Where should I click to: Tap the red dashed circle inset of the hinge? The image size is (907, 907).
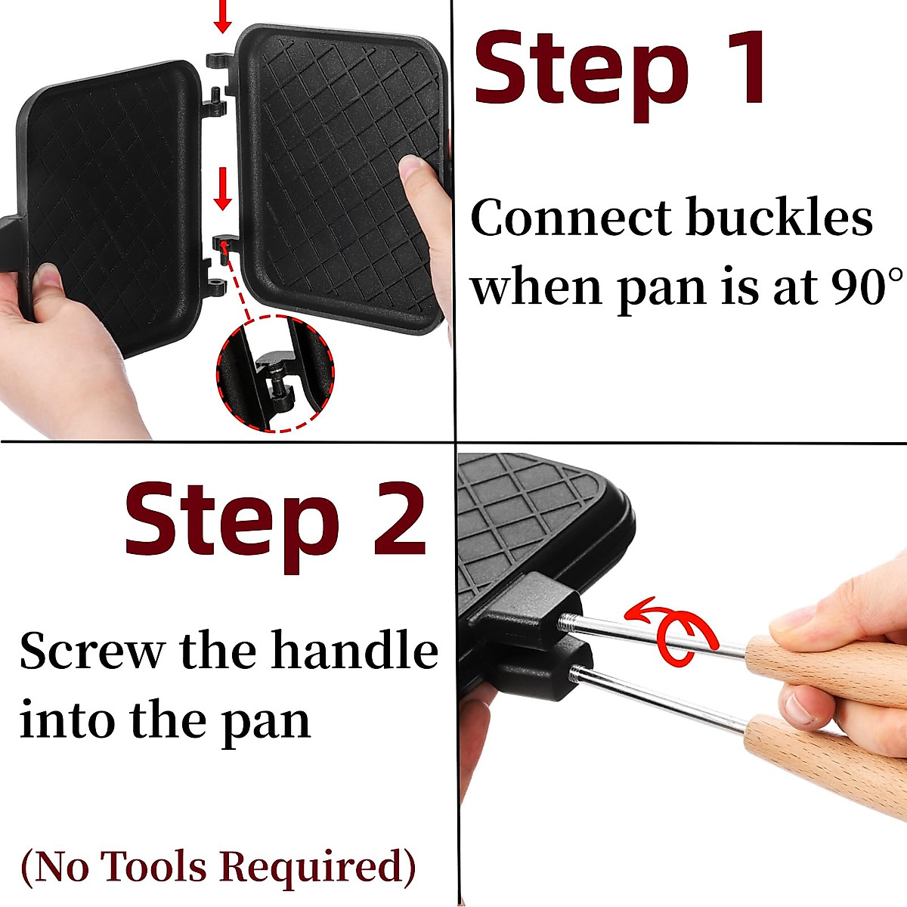(x=275, y=373)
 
